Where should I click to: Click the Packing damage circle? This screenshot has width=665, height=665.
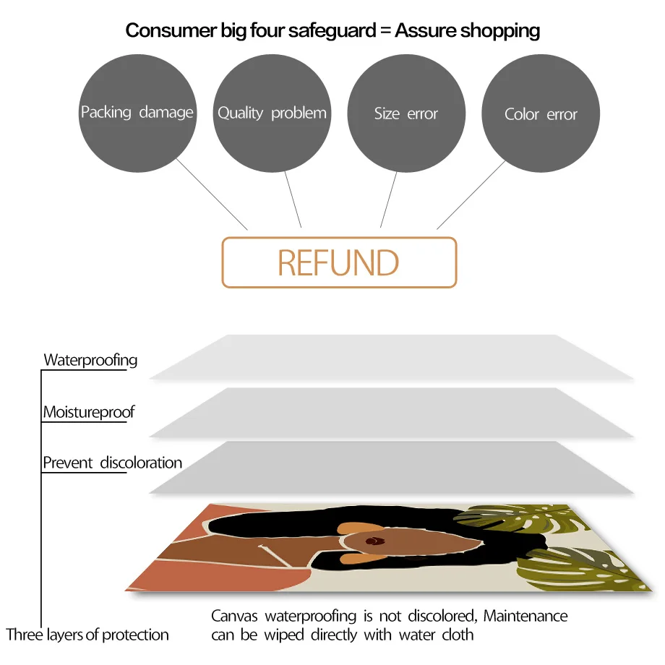coord(137,113)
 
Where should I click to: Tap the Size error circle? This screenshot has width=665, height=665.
coord(406,113)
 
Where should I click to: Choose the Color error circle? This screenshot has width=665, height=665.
coord(541,114)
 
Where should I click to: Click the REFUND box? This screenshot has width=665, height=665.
coord(339,262)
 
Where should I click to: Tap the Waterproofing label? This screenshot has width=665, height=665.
coord(90,360)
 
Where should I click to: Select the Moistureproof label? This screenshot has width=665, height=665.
coord(89,412)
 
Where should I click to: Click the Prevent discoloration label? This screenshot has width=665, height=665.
coord(112,463)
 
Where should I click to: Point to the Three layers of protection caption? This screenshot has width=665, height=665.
coord(87,635)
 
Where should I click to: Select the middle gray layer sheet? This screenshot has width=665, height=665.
coord(390,412)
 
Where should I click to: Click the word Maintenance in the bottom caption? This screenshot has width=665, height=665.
coord(525,617)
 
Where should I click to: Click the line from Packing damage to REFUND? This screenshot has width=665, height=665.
coord(211,194)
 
